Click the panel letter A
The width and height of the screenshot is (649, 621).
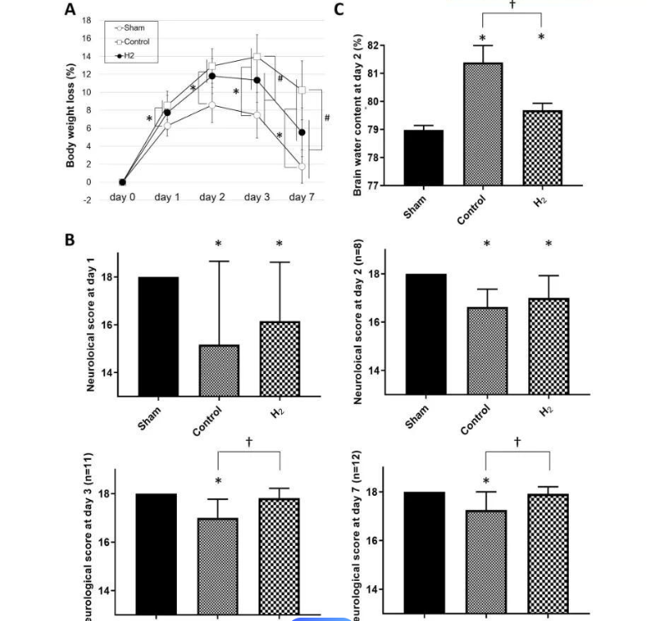pos(71,11)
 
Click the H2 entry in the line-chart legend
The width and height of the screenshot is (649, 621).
pos(132,54)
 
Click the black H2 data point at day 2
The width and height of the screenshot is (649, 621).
pos(212,76)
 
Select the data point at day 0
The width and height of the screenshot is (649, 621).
pos(123,182)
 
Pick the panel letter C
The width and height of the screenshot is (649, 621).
pos(339,10)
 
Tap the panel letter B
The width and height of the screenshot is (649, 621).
pos(71,240)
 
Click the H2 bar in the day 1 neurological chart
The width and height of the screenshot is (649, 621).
pos(279,358)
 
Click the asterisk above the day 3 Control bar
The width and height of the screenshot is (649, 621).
pos(218,482)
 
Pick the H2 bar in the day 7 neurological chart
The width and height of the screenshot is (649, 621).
pos(547,555)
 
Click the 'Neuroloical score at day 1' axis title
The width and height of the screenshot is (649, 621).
pos(92,331)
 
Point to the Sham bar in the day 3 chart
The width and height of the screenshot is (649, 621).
pos(154,555)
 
